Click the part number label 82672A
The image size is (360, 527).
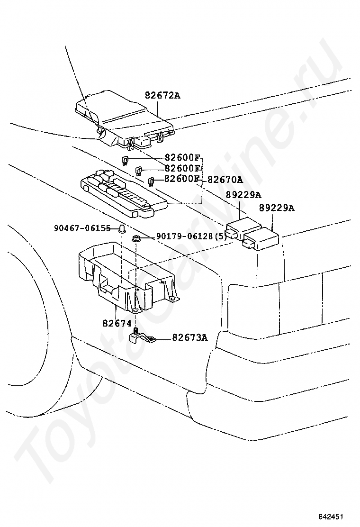(162, 95)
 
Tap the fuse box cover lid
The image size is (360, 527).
(124, 119)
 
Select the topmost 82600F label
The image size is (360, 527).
(182, 157)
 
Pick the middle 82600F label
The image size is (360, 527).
(182, 168)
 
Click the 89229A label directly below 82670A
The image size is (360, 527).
(243, 195)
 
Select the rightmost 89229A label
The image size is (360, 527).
(276, 209)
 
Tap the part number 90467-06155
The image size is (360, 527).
(82, 228)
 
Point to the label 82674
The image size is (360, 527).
(117, 323)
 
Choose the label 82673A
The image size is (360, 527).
(190, 337)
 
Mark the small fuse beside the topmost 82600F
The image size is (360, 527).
(126, 160)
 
